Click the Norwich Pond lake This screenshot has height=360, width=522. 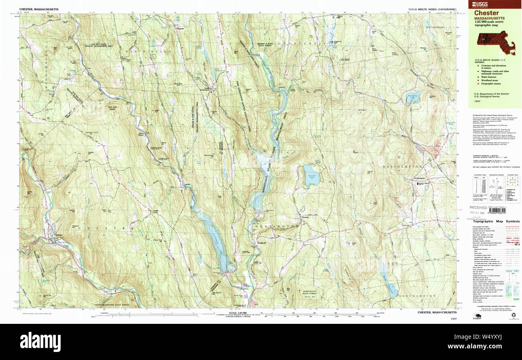coord(310,175)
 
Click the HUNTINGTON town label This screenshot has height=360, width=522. coord(276,226)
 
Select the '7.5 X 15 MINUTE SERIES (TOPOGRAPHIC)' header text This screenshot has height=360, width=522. coord(430,8)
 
